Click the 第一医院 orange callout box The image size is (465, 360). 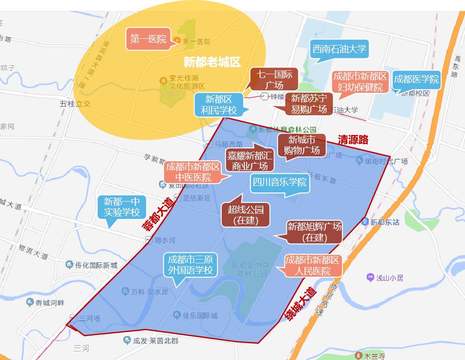(148, 39)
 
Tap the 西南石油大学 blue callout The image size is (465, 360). (340, 49)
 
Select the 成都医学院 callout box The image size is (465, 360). (416, 80)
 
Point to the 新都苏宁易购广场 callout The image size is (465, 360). (309, 104)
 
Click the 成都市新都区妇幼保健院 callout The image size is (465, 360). (360, 82)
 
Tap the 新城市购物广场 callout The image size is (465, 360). (302, 145)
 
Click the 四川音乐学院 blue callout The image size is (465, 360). (280, 182)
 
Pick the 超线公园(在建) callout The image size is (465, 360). (246, 214)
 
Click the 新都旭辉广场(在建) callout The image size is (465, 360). (314, 232)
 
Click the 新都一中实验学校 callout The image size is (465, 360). (122, 206)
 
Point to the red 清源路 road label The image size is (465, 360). (353, 140)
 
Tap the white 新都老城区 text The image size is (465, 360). (212, 62)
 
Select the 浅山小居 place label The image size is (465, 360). (389, 278)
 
